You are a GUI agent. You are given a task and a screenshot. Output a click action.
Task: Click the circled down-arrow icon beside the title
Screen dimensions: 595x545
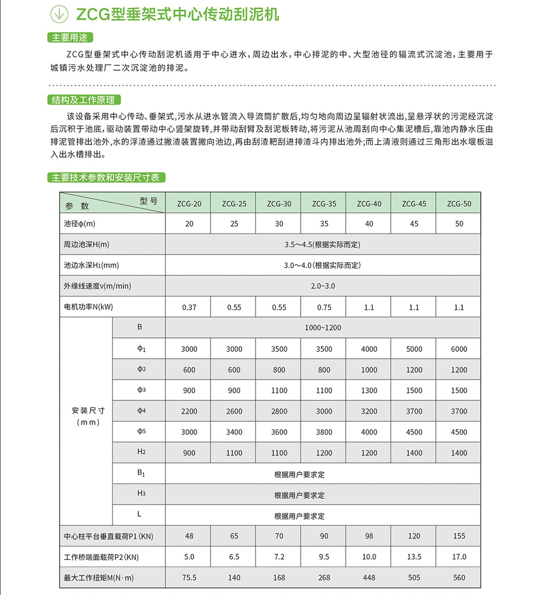click(x=59, y=14)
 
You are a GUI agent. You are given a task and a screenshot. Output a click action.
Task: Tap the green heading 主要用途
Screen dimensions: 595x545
click(x=70, y=38)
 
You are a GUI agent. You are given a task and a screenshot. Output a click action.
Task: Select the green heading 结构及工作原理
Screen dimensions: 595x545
click(x=83, y=100)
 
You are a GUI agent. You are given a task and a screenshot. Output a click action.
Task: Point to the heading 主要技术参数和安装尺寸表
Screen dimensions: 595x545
click(x=106, y=177)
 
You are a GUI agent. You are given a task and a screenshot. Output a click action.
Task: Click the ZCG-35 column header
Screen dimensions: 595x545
click(x=324, y=204)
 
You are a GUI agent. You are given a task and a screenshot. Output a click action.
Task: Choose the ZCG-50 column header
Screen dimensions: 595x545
click(x=459, y=204)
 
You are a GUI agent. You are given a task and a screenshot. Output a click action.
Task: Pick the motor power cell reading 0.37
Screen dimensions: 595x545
click(x=189, y=308)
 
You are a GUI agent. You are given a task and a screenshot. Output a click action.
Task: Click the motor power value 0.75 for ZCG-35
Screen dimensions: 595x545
click(x=324, y=308)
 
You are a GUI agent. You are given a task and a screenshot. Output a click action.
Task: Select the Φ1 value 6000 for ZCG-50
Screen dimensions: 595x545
click(x=459, y=349)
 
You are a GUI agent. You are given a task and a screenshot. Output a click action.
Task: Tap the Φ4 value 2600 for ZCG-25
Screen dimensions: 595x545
click(x=234, y=412)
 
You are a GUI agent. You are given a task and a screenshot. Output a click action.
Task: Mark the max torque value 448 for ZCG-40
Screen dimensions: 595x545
click(x=369, y=578)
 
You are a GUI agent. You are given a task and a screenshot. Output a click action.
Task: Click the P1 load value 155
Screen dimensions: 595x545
click(x=459, y=536)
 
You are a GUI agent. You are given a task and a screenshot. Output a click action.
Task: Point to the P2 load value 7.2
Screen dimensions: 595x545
click(x=279, y=557)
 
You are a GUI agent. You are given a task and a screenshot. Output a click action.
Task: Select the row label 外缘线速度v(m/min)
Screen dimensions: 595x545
click(x=97, y=286)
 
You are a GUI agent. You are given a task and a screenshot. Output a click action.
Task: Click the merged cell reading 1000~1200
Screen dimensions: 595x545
click(x=323, y=328)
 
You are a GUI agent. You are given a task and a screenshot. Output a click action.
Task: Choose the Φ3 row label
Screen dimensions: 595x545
click(x=141, y=390)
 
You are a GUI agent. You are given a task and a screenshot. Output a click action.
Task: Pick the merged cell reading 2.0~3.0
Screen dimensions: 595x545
click(x=323, y=286)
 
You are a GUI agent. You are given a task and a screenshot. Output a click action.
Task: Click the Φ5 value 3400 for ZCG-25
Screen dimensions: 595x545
click(x=234, y=432)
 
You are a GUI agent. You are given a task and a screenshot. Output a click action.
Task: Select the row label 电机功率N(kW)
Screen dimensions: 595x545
click(x=88, y=307)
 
